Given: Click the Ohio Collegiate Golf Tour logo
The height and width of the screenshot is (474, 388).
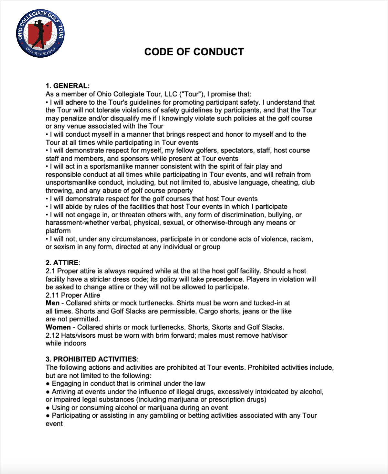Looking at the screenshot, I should (40, 33).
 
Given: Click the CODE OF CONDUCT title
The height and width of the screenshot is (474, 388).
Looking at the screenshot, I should (194, 52).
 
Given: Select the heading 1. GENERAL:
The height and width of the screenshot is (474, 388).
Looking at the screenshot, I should (68, 86).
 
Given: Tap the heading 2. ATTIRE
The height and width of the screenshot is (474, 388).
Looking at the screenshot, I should (62, 263).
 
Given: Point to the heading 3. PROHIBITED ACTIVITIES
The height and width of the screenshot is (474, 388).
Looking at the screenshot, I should (91, 359).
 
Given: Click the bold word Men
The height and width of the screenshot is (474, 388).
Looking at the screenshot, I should (52, 303).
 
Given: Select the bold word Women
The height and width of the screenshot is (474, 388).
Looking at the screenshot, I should (58, 327).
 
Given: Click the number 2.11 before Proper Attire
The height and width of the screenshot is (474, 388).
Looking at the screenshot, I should (52, 295).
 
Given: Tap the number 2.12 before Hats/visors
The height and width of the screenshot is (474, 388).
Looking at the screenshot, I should (52, 335).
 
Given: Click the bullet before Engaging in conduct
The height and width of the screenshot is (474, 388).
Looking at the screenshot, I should (48, 384).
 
